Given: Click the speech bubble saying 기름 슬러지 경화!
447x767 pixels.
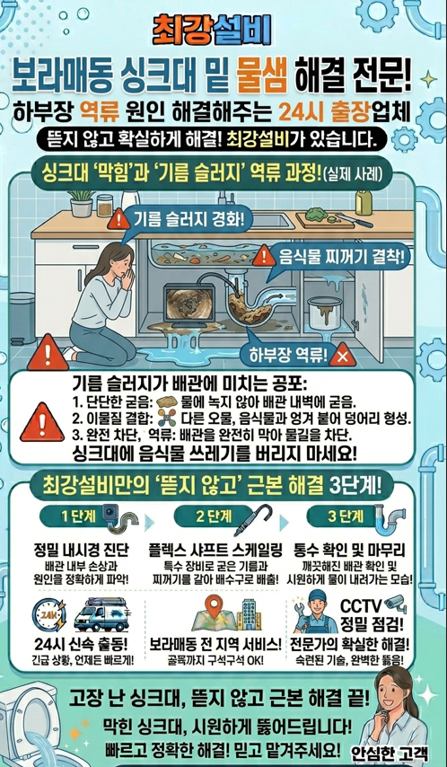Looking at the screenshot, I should click(x=183, y=218).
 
